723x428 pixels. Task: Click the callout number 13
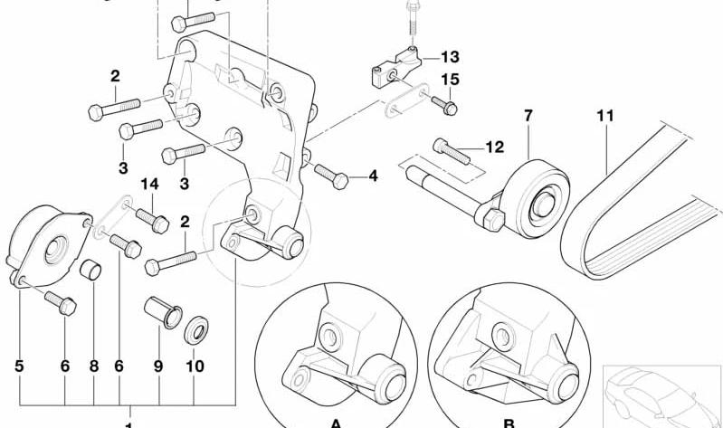click(x=450, y=57)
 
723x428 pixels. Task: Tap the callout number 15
click(x=451, y=80)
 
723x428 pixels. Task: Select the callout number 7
click(x=528, y=115)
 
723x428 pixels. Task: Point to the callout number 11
click(x=605, y=115)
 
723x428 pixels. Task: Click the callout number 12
click(x=495, y=147)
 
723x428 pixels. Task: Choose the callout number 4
click(x=373, y=176)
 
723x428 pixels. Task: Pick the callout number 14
click(x=150, y=185)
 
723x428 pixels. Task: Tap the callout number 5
click(x=19, y=366)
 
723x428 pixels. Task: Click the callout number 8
click(x=94, y=366)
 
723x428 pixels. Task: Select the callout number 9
click(x=158, y=366)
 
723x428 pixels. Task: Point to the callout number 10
click(x=195, y=366)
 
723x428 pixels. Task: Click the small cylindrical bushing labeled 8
click(x=90, y=270)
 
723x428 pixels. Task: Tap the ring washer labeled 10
click(x=196, y=329)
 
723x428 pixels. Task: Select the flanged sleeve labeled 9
click(x=163, y=313)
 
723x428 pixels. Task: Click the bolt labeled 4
click(x=331, y=176)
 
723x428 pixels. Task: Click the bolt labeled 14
click(x=153, y=221)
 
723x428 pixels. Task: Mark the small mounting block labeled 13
click(x=396, y=67)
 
